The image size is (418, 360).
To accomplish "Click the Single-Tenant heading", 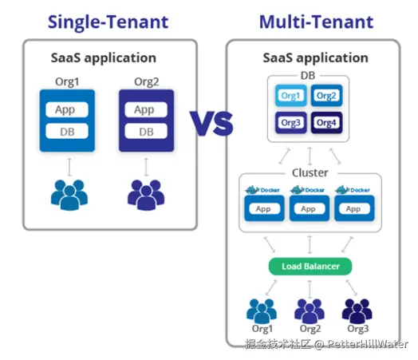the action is point(108,22).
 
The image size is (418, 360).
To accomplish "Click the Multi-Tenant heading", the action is point(316,22).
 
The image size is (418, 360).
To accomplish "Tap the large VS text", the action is point(211,123).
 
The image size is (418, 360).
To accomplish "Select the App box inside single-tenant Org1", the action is point(67,109).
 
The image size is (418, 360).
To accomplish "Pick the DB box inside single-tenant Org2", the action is point(146,131).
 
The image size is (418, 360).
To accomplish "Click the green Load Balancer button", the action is point(310,267).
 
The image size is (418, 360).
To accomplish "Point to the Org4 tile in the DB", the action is point(326,123).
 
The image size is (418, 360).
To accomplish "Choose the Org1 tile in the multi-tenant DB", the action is point(291,96).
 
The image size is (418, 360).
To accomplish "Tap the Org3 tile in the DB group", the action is point(291,123).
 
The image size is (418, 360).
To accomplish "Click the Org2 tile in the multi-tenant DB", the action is point(326,96).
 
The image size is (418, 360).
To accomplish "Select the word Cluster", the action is point(310,172).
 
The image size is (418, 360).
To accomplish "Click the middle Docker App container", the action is point(310,208).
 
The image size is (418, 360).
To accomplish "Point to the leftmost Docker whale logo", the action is point(252,190).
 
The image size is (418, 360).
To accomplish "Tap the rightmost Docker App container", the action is point(354,208).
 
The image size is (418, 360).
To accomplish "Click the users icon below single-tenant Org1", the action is point(69,195).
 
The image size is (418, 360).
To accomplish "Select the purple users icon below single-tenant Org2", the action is point(146,195).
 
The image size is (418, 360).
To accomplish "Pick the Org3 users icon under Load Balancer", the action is point(357,311).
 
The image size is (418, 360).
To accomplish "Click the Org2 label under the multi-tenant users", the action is point(310,329).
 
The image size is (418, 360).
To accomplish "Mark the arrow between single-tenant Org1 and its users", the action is point(69,167).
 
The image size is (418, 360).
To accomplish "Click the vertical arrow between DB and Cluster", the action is point(310,156).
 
